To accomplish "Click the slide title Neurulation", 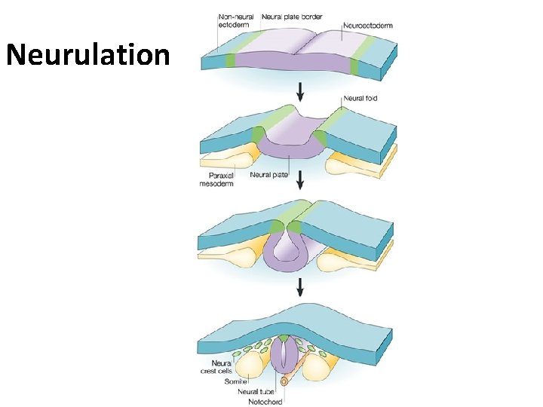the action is (87, 54).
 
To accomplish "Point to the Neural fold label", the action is (360, 98).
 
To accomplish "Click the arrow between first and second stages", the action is (302, 91).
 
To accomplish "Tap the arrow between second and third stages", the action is (302, 179).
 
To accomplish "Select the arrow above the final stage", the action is (302, 286).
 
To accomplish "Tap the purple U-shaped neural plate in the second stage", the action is (290, 148).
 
